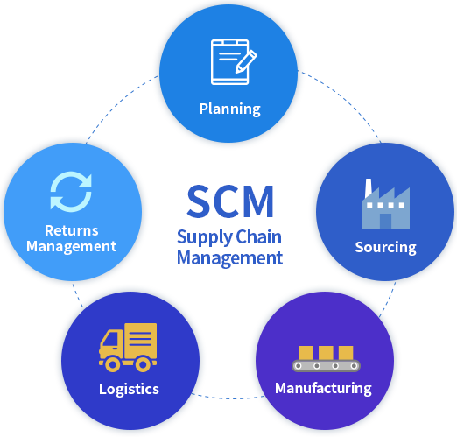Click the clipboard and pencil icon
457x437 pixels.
coord(234,61)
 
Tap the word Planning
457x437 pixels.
coord(229,109)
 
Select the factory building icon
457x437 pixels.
coord(385,203)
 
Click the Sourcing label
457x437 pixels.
coord(385,248)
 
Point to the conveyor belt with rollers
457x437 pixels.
coord(326,366)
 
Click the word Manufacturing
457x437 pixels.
coord(323,389)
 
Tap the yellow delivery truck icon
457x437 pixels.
coord(128,348)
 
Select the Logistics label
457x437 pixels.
coord(129,389)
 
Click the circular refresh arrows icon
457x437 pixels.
coord(71,192)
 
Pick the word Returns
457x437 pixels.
coord(72,230)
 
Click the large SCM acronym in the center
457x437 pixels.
coord(230,201)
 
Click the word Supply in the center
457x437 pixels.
coord(205,237)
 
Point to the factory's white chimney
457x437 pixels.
coord(369,187)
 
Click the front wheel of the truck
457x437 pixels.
coord(113,364)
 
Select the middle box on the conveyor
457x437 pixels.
coord(326,353)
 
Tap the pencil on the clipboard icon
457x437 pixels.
coord(246,61)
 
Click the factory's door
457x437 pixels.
coord(385,221)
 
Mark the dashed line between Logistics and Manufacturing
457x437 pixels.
coord(228,398)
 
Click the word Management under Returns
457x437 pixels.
coord(72,247)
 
